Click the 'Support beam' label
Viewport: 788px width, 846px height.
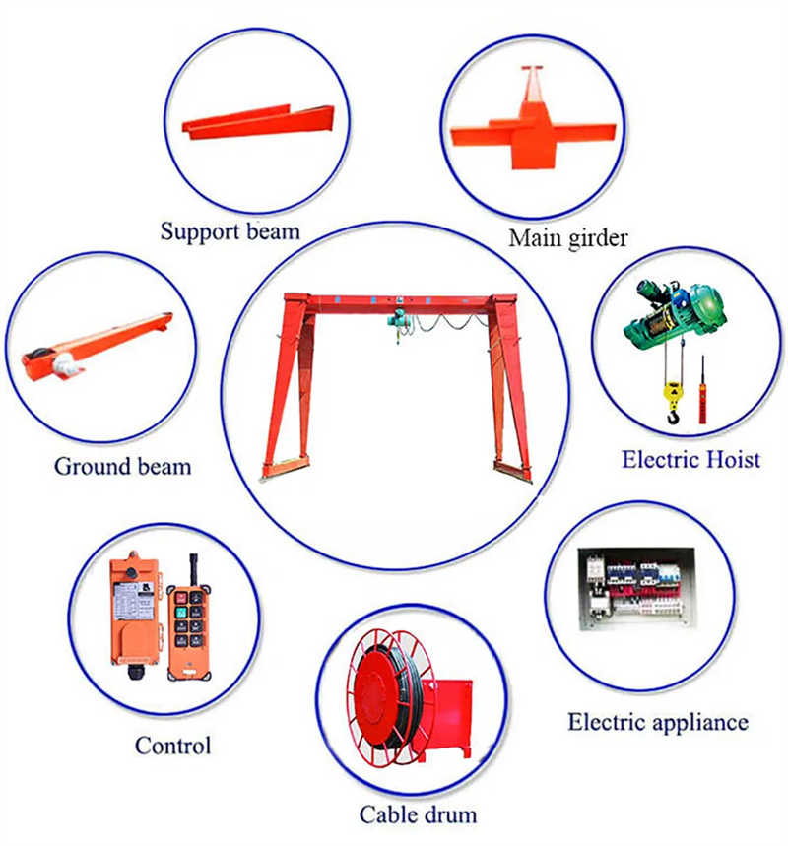coord(230,232)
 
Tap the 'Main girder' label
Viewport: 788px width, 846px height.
coord(568,238)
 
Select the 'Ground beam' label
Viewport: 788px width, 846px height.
coord(122,465)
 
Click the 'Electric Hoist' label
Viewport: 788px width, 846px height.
coord(690,459)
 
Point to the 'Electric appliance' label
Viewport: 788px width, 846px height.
coord(657,722)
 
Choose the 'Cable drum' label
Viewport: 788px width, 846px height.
coord(418,813)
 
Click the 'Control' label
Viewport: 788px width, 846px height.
coord(173,746)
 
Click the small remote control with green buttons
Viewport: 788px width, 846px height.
coord(187,630)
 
